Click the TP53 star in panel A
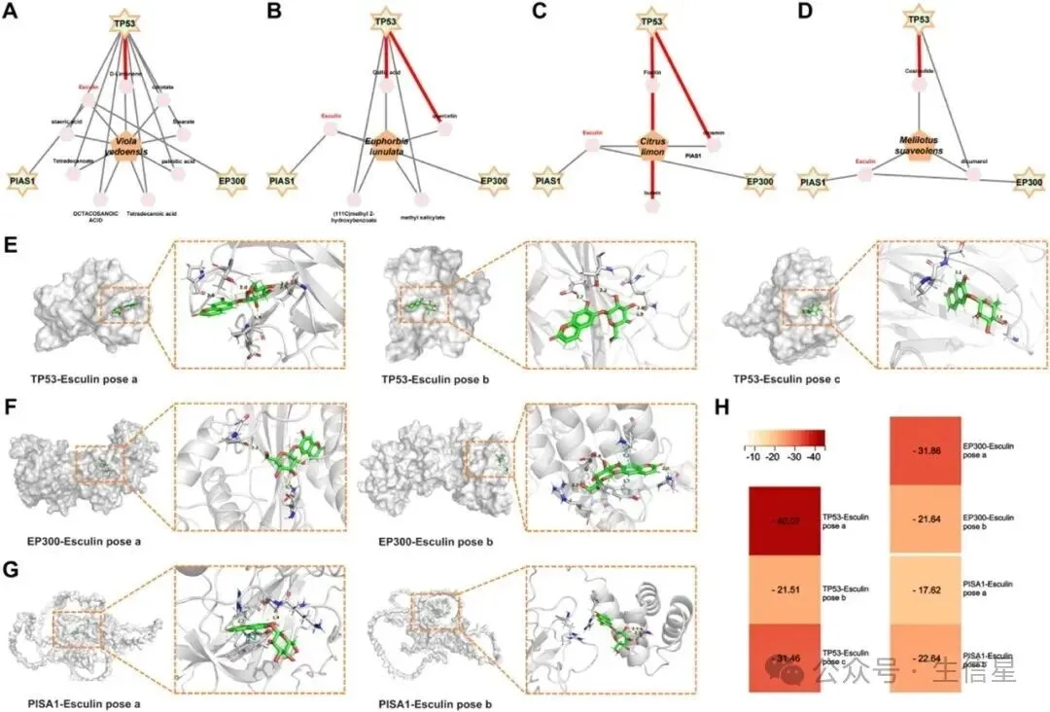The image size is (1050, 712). pos(124,22)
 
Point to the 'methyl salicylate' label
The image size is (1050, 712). pos(425,218)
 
